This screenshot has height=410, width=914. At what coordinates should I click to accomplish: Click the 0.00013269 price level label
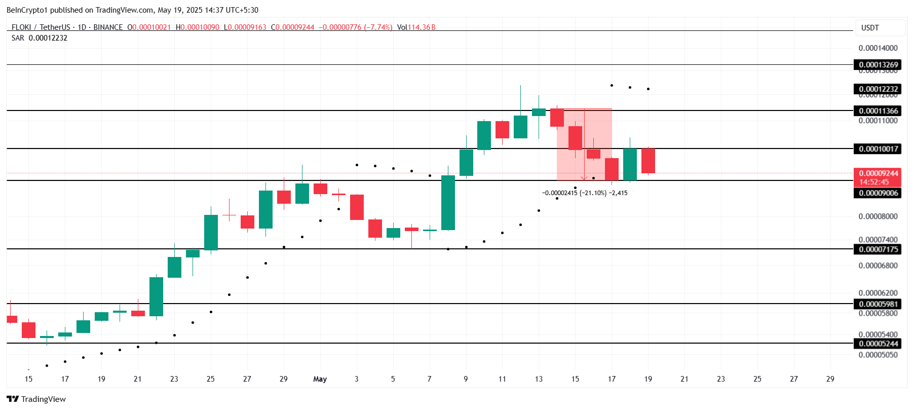point(878,64)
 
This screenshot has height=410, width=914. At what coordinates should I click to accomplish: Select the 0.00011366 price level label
point(878,110)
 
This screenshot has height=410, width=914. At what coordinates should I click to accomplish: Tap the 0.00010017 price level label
point(878,148)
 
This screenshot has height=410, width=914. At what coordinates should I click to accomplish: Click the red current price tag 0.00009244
point(878,173)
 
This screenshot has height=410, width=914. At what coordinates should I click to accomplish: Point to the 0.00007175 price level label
point(878,249)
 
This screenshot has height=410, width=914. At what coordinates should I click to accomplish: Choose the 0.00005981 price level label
point(878,304)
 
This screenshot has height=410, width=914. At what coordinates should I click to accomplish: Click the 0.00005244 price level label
point(878,343)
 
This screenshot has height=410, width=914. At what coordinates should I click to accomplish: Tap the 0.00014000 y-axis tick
point(878,48)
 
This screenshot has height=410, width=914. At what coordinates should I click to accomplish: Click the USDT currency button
point(870,28)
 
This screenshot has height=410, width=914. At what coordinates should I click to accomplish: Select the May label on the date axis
point(320,379)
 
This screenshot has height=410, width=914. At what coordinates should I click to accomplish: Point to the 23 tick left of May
point(174,379)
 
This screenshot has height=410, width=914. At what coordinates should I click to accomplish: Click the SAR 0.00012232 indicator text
point(40,38)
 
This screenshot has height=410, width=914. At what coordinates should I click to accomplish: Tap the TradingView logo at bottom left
point(36,399)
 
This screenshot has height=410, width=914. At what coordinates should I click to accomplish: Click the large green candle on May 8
point(448,203)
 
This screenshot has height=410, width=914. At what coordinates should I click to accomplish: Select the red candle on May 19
point(648,161)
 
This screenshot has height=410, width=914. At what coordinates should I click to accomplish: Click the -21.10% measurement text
point(585,193)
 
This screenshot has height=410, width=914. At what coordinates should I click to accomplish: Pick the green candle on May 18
point(630,164)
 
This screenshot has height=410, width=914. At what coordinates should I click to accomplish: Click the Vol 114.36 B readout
point(416,27)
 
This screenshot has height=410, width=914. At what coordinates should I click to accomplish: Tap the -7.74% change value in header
point(378,27)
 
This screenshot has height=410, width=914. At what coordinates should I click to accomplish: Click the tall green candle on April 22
point(156,296)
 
